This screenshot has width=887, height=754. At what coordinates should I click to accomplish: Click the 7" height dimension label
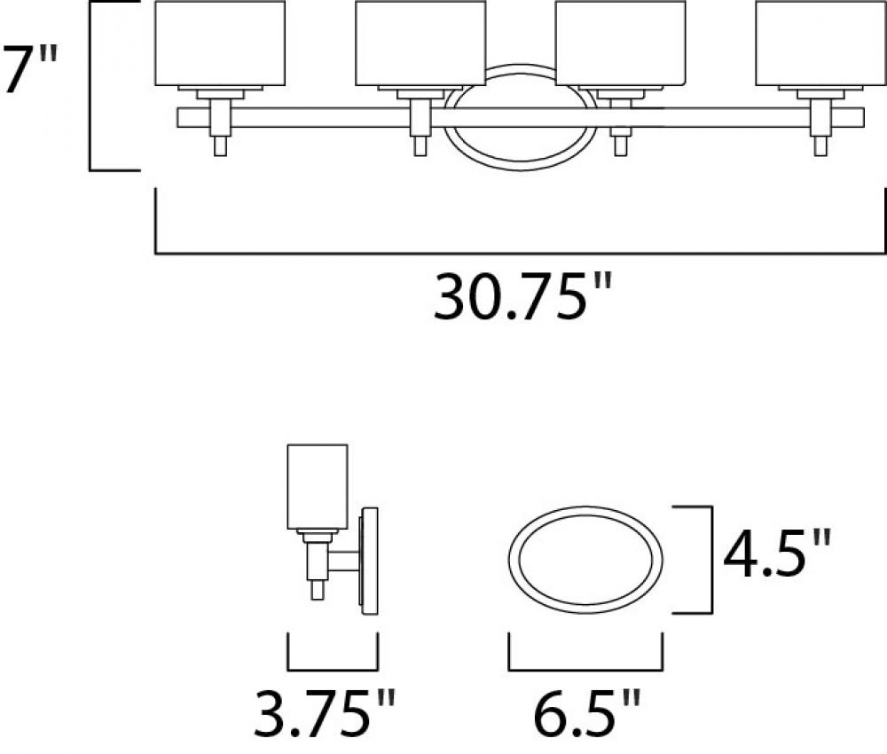coord(30,69)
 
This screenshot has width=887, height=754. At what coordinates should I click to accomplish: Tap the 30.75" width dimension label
coord(523,297)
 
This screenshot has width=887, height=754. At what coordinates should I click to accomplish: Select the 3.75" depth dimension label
coord(324,712)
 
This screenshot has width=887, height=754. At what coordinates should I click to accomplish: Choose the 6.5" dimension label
coord(587,712)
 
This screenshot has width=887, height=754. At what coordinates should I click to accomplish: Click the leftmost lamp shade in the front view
coord(220,43)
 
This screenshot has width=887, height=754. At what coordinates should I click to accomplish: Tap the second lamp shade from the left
coord(420,43)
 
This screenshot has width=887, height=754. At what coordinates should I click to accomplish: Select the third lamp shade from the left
coord(621,43)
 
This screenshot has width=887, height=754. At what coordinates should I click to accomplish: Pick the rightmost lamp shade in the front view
coord(820,43)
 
